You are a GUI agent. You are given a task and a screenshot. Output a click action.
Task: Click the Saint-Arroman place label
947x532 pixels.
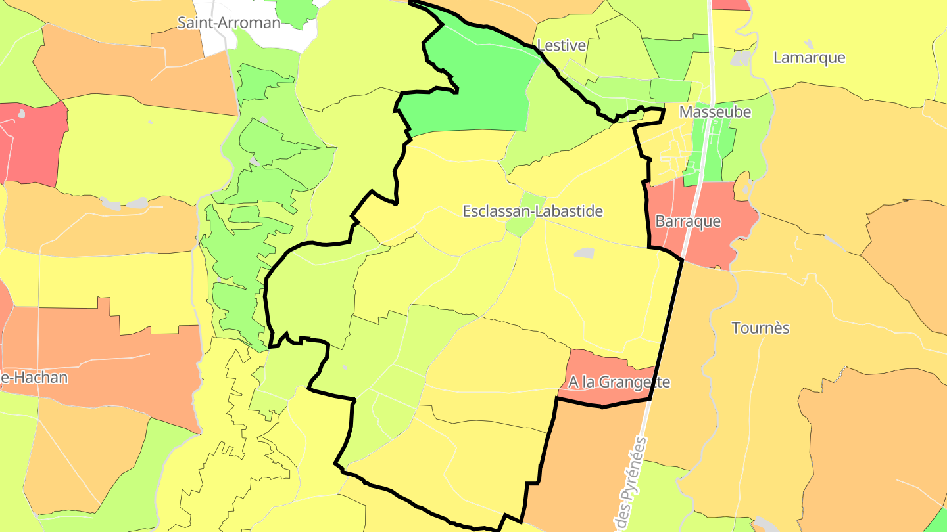229,23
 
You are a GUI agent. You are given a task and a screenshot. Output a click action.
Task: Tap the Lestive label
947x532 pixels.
561,45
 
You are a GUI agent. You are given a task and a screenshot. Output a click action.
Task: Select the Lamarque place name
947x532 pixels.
809,57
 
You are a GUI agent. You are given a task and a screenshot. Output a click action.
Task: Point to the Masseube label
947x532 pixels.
715,112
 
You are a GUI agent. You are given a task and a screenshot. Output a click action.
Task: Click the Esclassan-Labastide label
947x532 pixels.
533,211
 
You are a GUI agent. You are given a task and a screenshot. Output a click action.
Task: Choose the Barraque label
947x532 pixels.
688,221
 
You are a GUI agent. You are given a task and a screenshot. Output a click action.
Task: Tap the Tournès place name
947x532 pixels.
760,328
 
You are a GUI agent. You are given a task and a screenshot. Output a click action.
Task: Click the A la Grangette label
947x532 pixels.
619,382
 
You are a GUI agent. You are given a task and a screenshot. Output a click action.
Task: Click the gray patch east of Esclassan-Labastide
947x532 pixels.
583,253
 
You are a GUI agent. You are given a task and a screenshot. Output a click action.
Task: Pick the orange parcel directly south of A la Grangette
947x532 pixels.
592,460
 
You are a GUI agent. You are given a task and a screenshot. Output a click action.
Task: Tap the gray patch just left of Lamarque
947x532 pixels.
741,58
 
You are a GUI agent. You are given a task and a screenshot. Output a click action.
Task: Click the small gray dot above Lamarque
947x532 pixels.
808,44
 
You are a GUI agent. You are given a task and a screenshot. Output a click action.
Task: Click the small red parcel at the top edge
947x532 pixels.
731,4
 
